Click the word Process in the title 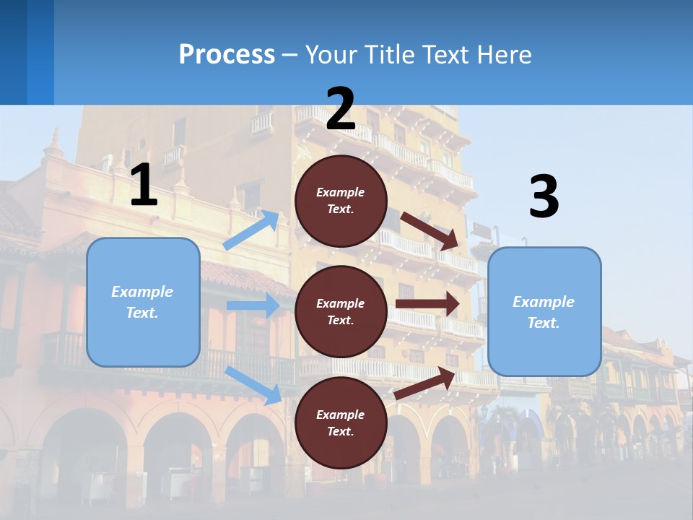pyautogui.click(x=227, y=55)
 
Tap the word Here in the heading pyautogui.click(x=505, y=55)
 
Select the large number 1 pyautogui.click(x=144, y=185)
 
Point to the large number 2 pyautogui.click(x=341, y=109)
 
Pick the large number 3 pyautogui.click(x=544, y=197)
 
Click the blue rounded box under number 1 pyautogui.click(x=143, y=302)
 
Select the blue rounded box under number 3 pyautogui.click(x=544, y=312)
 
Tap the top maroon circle pyautogui.click(x=341, y=201)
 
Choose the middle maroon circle pyautogui.click(x=341, y=311)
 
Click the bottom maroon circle pyautogui.click(x=341, y=422)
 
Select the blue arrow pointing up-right pyautogui.click(x=251, y=230)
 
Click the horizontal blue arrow pyautogui.click(x=253, y=305)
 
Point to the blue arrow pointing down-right pyautogui.click(x=253, y=385)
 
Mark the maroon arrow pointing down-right pyautogui.click(x=430, y=231)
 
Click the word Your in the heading pyautogui.click(x=330, y=55)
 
